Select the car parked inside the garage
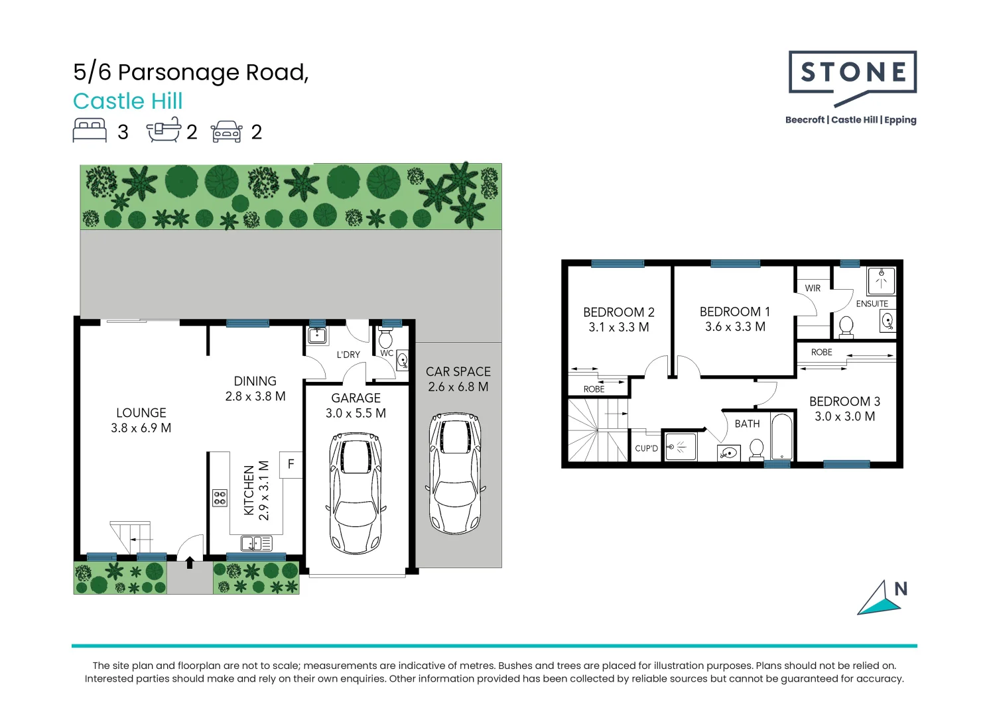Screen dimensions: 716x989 356,494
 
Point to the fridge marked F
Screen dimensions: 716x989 291,465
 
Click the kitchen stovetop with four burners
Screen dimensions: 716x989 220,498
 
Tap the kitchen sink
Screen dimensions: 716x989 255,544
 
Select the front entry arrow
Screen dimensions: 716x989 190,562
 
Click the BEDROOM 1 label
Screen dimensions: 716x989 734,312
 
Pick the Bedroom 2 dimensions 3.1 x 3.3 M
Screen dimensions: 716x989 618,328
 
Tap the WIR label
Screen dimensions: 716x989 813,288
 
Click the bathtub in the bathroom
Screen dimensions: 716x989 782,437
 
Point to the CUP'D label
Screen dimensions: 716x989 646,449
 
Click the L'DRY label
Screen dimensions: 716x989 348,355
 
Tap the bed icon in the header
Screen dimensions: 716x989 90,131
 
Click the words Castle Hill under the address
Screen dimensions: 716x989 128,101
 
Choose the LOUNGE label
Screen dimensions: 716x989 141,413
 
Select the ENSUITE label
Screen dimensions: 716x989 872,304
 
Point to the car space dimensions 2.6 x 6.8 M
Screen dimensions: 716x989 458,387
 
